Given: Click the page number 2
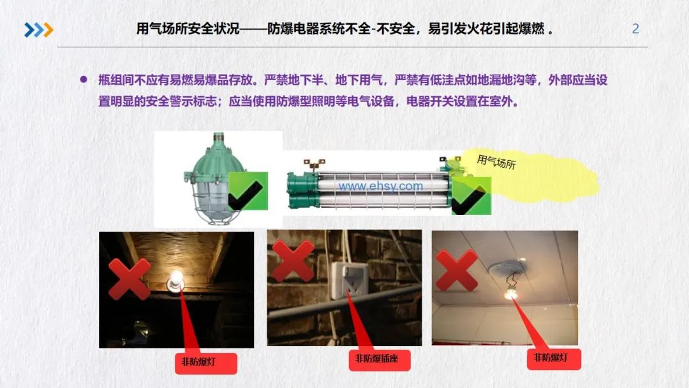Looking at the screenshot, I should point(635,29).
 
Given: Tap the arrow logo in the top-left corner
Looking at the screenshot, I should point(39,29).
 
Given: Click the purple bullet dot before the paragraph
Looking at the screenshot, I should point(83,80).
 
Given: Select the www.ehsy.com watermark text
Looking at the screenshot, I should point(380,186).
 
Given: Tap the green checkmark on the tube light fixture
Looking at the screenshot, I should point(471,195).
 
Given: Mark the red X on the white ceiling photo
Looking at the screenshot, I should point(457,270).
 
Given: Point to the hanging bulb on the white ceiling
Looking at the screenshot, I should point(510,293).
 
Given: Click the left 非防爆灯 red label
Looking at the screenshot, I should point(205,362).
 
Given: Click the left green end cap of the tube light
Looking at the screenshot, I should point(298,189).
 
